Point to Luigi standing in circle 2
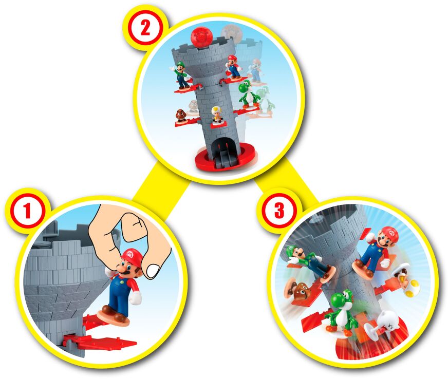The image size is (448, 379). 180,75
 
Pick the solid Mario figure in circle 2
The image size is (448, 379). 234,66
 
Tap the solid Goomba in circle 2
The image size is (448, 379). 181,115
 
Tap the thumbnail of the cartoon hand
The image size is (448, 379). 152,270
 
